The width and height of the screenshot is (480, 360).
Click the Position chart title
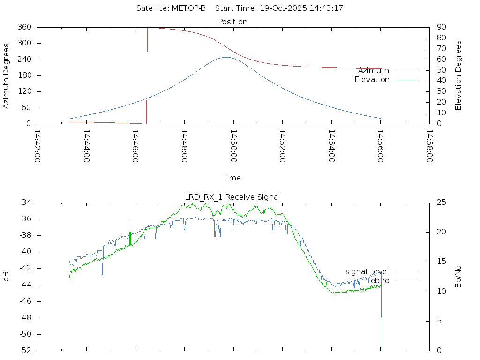tap(233, 22)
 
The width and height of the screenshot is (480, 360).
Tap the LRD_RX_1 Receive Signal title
tap(232, 197)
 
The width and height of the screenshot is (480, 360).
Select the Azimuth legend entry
tap(374, 70)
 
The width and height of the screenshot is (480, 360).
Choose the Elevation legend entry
tap(372, 80)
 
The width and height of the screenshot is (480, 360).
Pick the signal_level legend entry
tap(367, 271)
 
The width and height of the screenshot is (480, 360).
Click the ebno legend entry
tap(380, 280)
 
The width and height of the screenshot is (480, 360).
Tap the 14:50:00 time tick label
tap(233, 146)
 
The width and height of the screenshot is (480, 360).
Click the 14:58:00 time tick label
tap(429, 146)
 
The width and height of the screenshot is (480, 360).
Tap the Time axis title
tap(232, 178)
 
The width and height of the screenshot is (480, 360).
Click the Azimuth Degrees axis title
tap(7, 75)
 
